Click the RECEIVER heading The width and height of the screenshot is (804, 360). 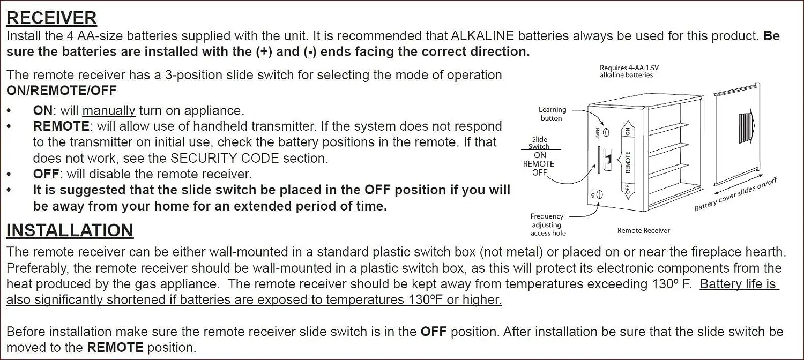coord(51,18)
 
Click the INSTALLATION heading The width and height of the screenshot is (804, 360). coord(70,230)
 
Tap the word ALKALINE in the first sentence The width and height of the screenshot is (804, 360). coord(482,35)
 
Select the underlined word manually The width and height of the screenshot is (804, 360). coord(109,110)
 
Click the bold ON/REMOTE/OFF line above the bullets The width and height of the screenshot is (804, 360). coord(62,91)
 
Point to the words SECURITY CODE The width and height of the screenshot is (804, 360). coord(225,158)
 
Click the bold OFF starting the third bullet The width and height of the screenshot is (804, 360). coord(46,174)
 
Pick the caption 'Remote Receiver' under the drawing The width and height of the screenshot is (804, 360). coord(644,230)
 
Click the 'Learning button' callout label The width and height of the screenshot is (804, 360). coord(552,114)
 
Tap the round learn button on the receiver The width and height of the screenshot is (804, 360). coord(606,132)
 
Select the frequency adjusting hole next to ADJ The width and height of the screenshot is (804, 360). coord(599,194)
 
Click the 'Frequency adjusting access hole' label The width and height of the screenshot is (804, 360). coord(548,225)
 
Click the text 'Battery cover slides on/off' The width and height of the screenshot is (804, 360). coord(735,194)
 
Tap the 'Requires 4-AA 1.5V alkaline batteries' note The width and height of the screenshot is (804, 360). coord(629,71)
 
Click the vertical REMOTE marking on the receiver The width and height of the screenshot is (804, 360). coord(628,162)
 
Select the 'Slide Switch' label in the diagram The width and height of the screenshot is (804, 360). coord(539,142)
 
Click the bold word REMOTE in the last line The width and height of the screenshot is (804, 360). coord(115,348)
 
